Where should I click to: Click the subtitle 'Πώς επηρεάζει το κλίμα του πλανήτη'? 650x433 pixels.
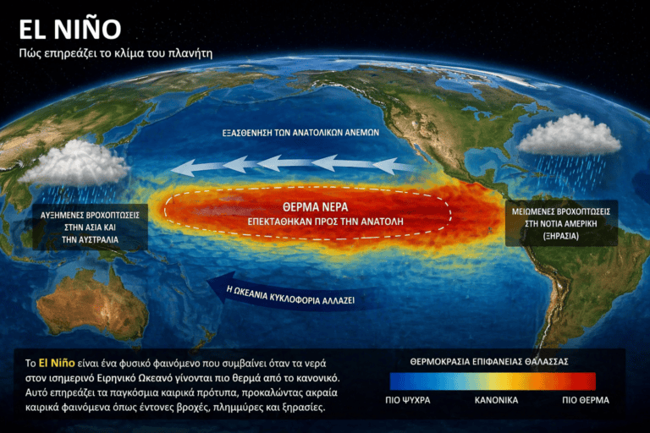click(115, 53)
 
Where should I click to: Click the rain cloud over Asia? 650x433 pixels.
click(79, 163)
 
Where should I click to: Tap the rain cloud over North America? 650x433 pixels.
click(568, 135)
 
